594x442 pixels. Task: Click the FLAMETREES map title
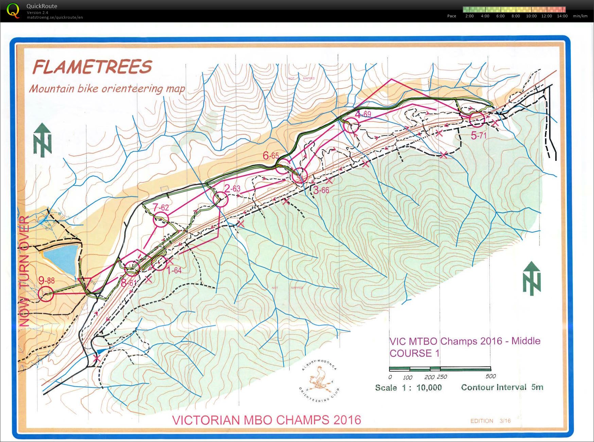(92, 67)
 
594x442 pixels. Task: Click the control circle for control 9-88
(46, 294)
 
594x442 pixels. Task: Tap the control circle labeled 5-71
(477, 119)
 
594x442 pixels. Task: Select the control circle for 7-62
(161, 220)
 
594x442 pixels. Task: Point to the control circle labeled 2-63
(220, 199)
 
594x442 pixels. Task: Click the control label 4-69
(363, 114)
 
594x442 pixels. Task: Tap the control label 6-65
(271, 156)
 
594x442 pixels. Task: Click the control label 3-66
(321, 190)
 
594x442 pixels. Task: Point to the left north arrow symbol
(42, 140)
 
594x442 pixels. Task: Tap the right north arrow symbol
(531, 278)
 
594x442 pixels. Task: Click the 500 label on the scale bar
(490, 376)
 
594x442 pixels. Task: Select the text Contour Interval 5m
(502, 387)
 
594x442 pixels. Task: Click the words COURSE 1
(415, 353)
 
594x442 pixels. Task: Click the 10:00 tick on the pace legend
(531, 16)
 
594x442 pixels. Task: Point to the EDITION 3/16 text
(490, 421)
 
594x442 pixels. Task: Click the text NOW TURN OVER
(24, 271)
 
